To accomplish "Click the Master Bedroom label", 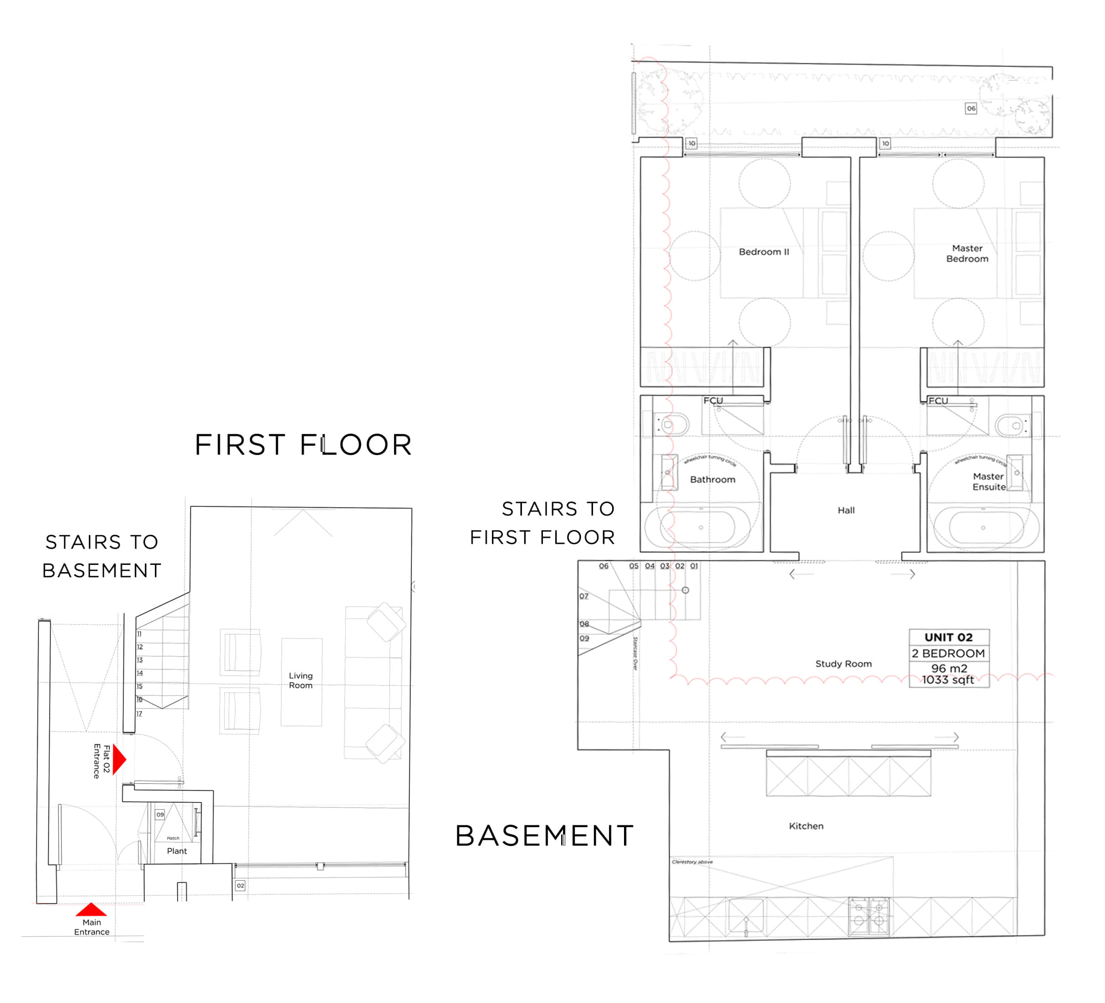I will coord(967,254).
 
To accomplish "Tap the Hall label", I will coord(846,510).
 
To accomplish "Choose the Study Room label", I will coord(843,664).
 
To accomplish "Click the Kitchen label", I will coord(806,826).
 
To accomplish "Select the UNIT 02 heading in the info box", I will coord(948,637).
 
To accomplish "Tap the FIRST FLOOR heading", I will coord(303,445).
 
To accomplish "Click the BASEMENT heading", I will coord(544,836).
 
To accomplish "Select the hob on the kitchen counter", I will coord(869,917).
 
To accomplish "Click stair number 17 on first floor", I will coord(139,714).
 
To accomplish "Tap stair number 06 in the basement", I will coord(604,566).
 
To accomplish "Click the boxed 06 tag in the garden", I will coord(971,108).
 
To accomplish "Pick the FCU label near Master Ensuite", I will coord(938,401).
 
